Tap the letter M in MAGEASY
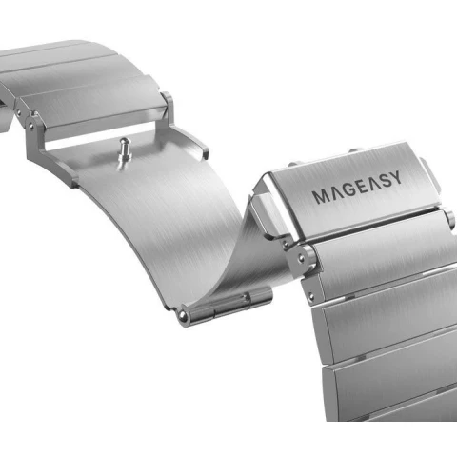click(319, 196)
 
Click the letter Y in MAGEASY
click(395, 178)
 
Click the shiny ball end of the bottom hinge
click(183, 316)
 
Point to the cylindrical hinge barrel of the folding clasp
click(227, 305)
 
